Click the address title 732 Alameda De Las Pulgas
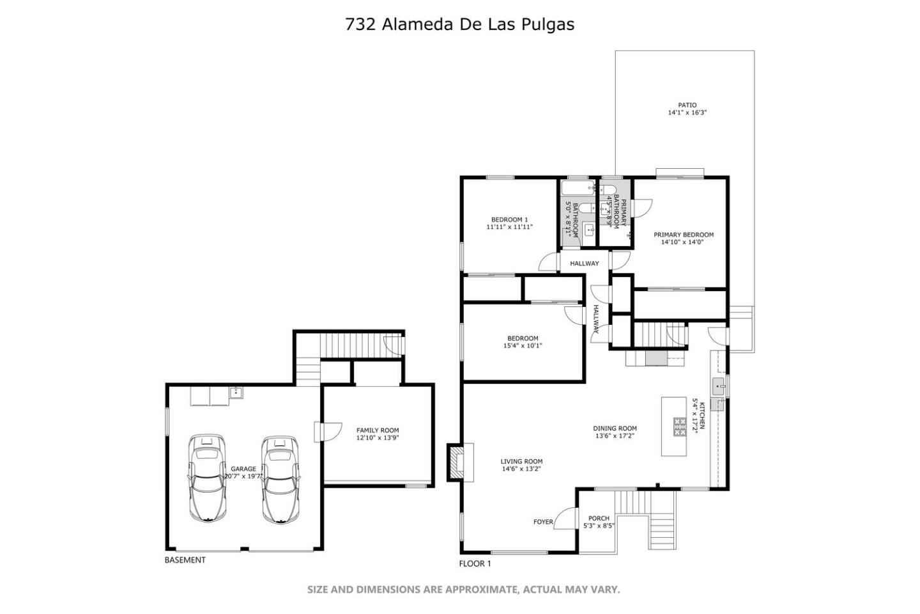459,24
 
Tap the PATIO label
687,106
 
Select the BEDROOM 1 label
509,219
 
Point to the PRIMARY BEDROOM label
683,235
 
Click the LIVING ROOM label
521,461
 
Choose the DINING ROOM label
615,429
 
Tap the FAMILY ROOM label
378,430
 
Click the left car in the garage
206,478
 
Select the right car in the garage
280,478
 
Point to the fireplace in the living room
459,462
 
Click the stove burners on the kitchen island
679,427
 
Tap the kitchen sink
718,385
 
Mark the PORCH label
599,518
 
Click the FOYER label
543,522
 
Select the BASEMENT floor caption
185,560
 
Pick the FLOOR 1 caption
475,563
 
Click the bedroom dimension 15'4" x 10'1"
523,346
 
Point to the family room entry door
327,432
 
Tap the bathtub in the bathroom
578,188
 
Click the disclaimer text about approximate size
463,589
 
